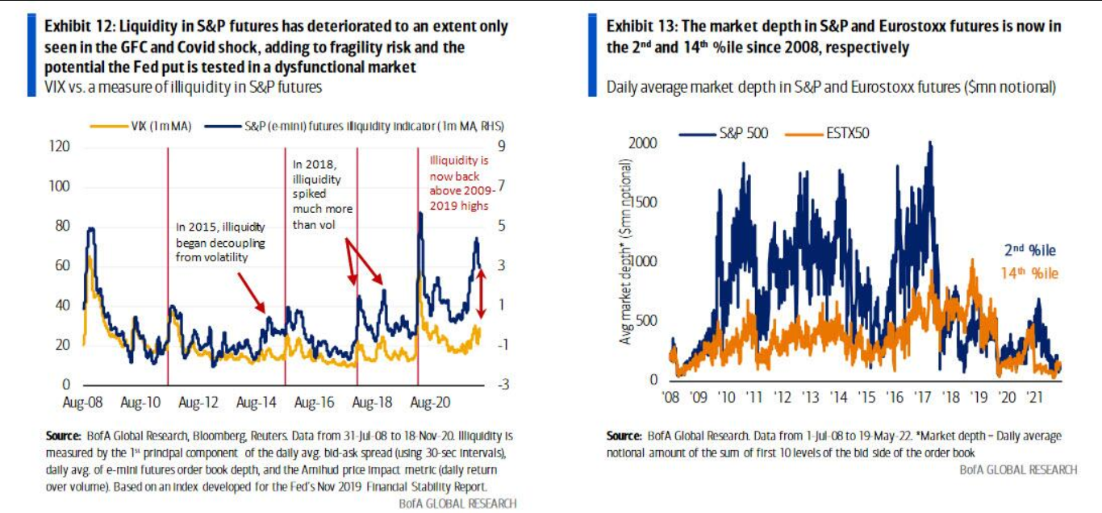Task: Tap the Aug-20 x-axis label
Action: (428, 401)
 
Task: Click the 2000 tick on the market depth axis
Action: (643, 143)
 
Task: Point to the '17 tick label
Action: (923, 397)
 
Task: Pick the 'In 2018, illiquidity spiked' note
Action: (317, 194)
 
